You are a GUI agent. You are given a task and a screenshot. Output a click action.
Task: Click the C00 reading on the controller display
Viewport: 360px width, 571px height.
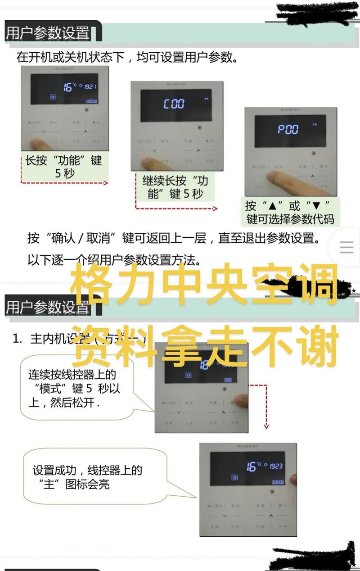[174, 104]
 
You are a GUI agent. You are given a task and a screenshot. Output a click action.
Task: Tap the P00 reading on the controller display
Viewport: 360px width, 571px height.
[288, 130]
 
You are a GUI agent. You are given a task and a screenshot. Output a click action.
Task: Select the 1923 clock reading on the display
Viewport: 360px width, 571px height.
[276, 466]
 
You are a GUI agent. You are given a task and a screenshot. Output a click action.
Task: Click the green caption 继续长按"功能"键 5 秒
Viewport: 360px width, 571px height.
[175, 187]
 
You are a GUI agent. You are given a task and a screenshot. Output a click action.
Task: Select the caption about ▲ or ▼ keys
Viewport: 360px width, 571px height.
[290, 212]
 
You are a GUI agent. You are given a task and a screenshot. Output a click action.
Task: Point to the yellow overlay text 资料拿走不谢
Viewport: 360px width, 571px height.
[205, 344]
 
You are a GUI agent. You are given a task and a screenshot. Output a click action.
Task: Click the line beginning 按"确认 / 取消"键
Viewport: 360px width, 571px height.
[173, 238]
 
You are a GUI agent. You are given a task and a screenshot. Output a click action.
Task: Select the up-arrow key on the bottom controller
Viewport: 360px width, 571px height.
[270, 515]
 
